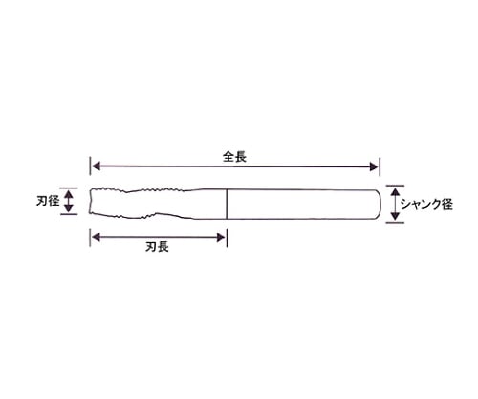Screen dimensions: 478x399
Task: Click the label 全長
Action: [234, 157]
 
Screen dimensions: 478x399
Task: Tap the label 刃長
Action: [157, 247]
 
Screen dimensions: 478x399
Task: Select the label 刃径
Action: [48, 201]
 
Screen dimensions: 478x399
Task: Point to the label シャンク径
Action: [426, 204]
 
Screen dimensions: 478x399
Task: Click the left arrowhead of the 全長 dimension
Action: [97, 166]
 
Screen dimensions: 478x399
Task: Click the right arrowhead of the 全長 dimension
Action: [374, 166]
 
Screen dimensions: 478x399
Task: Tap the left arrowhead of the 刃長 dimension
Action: [97, 237]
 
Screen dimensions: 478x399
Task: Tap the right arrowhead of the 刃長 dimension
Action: [221, 237]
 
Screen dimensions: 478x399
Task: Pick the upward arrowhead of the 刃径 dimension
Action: [69, 193]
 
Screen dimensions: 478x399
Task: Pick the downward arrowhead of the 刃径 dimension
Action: [69, 209]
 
